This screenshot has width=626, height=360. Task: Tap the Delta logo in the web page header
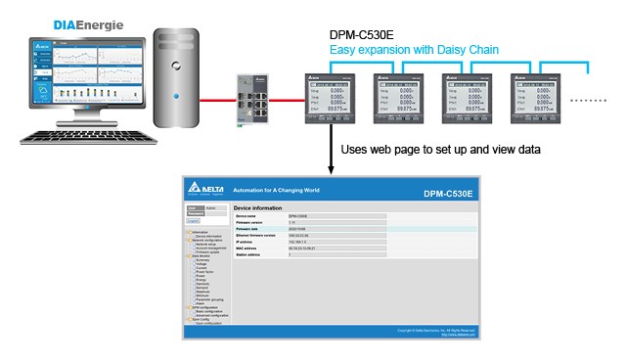click(x=206, y=193)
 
